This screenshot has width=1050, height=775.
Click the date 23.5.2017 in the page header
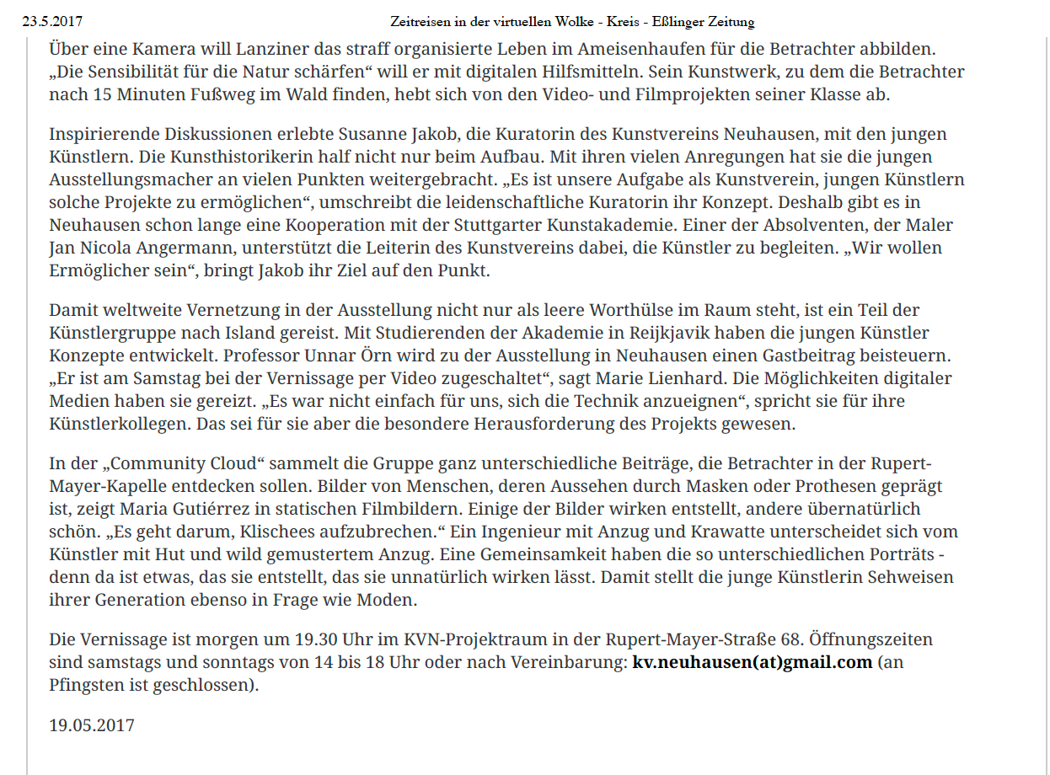pos(52,21)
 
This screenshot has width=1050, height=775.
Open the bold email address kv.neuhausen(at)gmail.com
pos(752,662)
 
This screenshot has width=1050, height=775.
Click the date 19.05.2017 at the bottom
pos(91,724)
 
